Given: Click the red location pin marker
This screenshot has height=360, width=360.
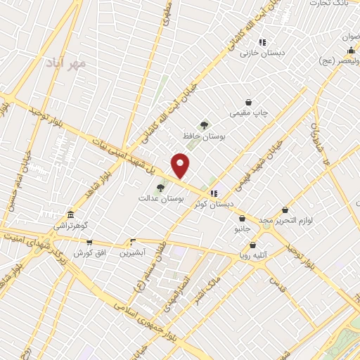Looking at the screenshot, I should pyautogui.click(x=181, y=165).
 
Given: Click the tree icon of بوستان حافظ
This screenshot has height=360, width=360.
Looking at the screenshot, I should pyautogui.click(x=204, y=126).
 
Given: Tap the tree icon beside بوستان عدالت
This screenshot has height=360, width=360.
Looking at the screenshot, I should pyautogui.click(x=160, y=188).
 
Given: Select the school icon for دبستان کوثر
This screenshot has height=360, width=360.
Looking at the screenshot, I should pyautogui.click(x=214, y=193).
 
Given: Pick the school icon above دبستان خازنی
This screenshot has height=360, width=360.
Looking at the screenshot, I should pyautogui.click(x=262, y=42).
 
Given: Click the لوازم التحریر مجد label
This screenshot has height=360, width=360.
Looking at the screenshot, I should pyautogui.click(x=285, y=221).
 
